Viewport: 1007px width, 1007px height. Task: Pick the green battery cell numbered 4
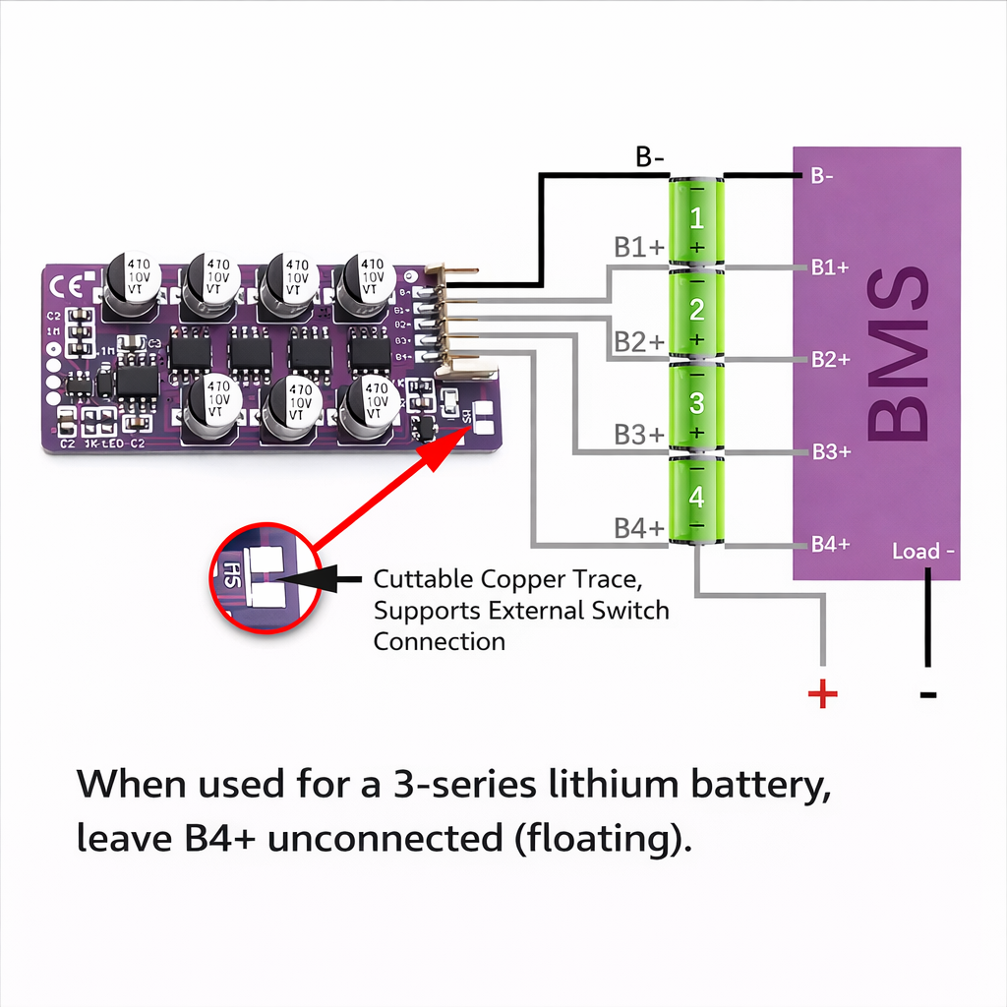[x=696, y=500]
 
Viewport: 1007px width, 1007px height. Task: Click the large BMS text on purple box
[x=898, y=354]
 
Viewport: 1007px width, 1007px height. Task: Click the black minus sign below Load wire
[x=927, y=695]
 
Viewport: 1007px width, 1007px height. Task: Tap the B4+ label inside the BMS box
[x=829, y=545]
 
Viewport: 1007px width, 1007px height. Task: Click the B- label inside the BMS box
[x=822, y=176]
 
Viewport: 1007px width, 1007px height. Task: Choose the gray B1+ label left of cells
[x=639, y=248]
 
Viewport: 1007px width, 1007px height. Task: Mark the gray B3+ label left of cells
[x=639, y=435]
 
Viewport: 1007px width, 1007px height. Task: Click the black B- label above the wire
[x=650, y=157]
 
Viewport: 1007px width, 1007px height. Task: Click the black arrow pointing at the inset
[x=329, y=578]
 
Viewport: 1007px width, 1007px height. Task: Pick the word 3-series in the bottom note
[x=464, y=786]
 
